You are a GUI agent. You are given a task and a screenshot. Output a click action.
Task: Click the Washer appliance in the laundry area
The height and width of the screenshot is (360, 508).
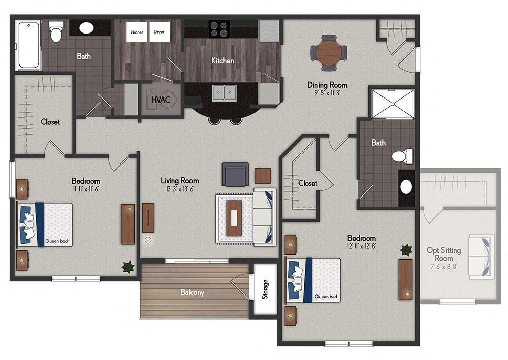(137, 32)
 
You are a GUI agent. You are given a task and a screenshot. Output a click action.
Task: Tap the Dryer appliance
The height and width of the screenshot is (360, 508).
(160, 32)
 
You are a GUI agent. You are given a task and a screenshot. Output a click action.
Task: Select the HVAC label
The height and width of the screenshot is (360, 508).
(161, 100)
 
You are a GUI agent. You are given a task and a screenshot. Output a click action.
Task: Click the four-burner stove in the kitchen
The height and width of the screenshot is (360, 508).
(219, 29)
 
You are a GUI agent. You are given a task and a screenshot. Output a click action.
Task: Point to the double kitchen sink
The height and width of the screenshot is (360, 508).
(224, 93)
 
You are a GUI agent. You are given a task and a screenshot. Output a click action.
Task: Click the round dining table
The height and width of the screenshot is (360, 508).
(329, 52)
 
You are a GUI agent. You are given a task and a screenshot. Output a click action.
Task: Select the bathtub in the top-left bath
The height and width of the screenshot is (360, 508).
(28, 45)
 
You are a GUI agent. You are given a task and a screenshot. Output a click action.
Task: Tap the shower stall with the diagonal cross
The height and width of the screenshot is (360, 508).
(393, 104)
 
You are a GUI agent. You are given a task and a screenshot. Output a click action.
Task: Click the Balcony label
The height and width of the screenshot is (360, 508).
(193, 292)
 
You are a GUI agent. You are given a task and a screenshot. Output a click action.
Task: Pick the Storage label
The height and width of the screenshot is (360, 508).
(265, 289)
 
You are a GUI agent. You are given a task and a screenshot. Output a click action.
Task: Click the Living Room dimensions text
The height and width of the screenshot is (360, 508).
(180, 189)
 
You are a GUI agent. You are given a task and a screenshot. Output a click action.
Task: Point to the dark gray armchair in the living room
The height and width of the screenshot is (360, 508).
(235, 174)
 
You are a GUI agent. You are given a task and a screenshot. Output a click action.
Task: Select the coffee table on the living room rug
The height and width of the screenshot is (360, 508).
(234, 218)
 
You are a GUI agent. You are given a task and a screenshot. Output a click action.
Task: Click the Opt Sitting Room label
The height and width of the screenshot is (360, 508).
(444, 254)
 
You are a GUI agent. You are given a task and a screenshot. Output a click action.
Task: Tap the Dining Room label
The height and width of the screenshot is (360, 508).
(328, 85)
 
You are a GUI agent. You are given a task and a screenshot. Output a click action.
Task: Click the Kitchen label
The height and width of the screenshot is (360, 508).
(223, 60)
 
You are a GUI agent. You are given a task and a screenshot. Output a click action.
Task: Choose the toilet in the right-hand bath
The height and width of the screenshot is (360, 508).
(402, 157)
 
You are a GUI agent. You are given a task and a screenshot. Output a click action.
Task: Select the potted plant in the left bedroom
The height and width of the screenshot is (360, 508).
(128, 267)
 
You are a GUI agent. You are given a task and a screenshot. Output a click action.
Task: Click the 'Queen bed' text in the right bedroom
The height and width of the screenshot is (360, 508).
(326, 297)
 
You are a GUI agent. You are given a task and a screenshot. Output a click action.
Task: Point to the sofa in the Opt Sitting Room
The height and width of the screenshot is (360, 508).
(482, 257)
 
